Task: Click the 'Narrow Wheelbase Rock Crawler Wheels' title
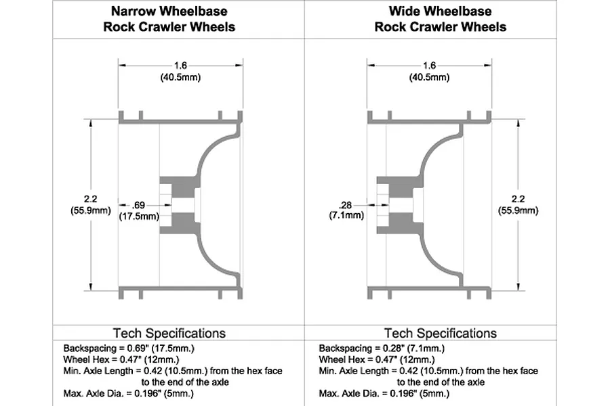169,19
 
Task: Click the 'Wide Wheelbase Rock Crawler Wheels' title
441,19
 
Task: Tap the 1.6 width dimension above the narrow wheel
180,65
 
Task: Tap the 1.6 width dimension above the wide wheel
429,65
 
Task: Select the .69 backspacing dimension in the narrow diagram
138,205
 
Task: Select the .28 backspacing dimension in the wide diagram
346,205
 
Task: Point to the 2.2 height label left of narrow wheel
90,199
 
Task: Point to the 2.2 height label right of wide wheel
518,199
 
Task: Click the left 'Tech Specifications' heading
169,334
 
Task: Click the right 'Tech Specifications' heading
441,334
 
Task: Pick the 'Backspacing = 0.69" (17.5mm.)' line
129,348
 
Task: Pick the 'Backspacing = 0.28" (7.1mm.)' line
382,348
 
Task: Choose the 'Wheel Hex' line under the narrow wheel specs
121,359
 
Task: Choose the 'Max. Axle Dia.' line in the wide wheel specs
384,394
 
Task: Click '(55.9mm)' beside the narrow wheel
91,210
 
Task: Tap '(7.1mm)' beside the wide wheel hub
346,215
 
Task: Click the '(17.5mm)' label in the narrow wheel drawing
139,216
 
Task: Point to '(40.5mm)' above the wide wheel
429,77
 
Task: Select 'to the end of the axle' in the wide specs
441,382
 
